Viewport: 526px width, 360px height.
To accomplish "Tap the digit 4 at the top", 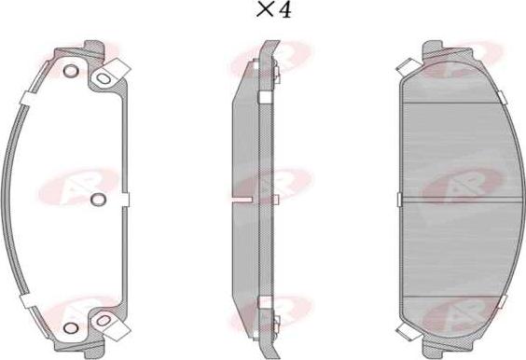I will coord(285,12).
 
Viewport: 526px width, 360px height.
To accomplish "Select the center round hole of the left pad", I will coord(100,198).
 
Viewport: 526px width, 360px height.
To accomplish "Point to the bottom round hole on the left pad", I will coord(70,325).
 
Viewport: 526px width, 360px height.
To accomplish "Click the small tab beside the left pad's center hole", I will coord(124,198).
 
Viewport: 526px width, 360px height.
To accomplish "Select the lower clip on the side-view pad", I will coord(266,301).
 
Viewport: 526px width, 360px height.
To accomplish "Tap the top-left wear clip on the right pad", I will coord(405,65).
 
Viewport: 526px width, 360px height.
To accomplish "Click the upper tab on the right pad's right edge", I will coord(502,96).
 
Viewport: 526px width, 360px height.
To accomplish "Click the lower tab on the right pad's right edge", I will coord(502,300).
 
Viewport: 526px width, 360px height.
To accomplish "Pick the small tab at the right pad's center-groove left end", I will coord(398,199).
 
